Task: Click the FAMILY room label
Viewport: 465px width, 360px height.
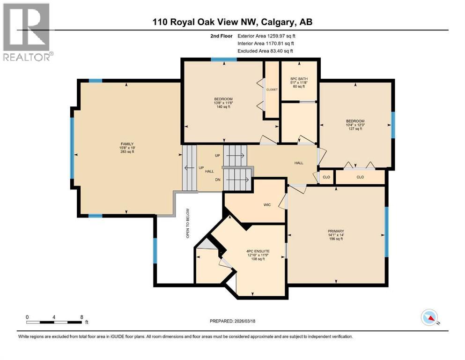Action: (126, 144)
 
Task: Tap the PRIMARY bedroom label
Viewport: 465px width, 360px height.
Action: (336, 231)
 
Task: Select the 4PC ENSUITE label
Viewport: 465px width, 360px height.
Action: (258, 251)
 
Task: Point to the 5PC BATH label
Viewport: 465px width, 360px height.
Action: (298, 78)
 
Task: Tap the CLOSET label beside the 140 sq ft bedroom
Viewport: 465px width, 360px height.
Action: (272, 89)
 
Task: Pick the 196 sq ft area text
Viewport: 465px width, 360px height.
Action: (336, 239)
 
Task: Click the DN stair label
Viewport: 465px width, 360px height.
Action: (217, 180)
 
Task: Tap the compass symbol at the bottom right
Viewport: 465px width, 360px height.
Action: (429, 318)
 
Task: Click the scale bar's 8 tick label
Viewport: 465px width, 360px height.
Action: (82, 317)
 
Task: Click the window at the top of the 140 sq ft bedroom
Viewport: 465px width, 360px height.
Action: (217, 60)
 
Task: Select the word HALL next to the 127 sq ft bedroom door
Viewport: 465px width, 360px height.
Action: (299, 163)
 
